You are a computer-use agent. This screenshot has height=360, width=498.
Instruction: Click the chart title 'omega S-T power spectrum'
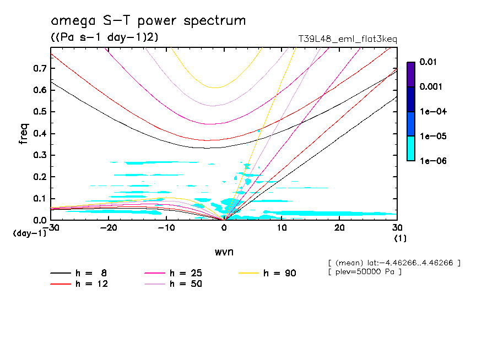pos(148,21)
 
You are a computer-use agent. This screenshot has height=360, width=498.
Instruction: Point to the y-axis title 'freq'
pos(23,134)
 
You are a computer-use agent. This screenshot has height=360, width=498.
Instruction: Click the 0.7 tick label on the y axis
pos(39,68)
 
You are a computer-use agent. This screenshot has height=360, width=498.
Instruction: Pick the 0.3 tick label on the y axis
pos(39,155)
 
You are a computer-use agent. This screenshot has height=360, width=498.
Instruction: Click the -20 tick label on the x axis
pos(109,228)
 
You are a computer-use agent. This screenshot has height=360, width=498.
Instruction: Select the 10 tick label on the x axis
pos(282,228)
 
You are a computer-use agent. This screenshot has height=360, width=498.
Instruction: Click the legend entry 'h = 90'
pos(278,273)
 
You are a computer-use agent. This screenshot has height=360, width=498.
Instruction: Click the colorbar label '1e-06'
pos(430,161)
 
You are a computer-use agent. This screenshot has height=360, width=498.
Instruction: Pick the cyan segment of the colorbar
pos(411,148)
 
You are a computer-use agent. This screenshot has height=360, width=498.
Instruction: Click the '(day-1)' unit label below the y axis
pos(29,233)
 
